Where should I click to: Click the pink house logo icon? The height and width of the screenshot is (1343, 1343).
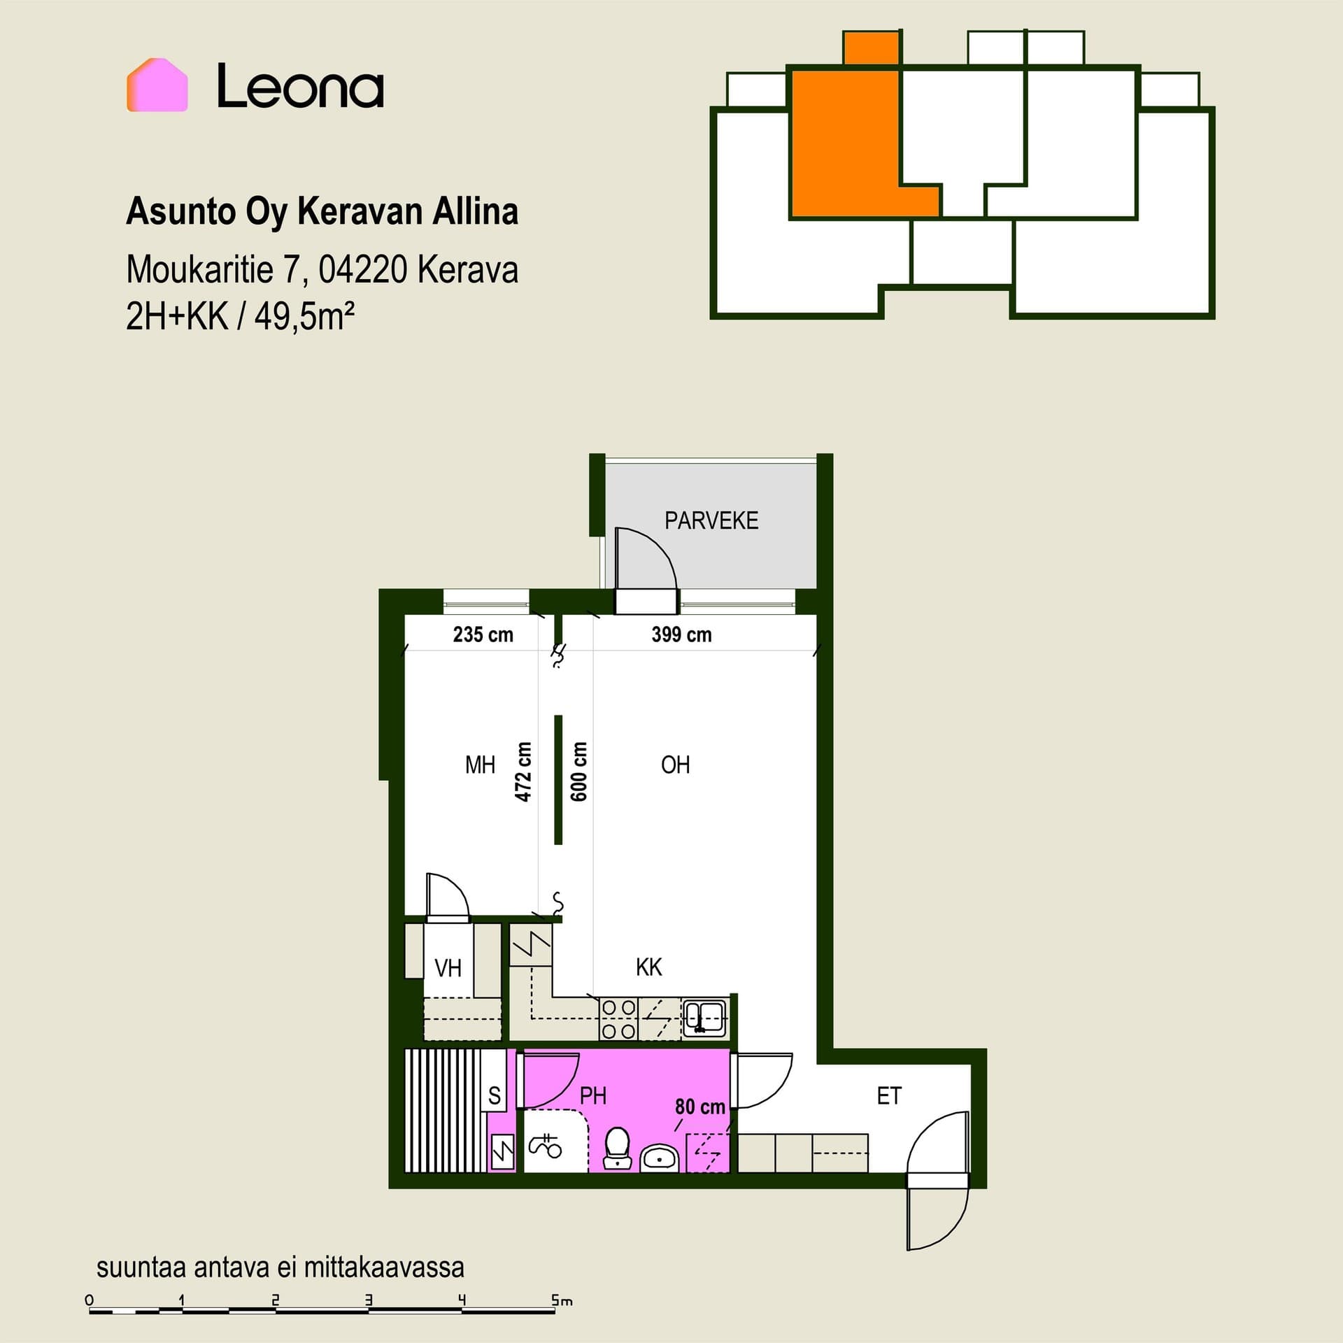157,85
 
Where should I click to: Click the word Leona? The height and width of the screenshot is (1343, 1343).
300,86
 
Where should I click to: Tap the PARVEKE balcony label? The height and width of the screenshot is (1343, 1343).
711,520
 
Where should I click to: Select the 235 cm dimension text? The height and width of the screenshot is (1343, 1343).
483,634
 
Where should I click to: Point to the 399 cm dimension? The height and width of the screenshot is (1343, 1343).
681,634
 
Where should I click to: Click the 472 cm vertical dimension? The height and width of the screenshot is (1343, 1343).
523,772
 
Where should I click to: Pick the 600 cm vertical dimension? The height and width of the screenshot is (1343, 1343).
579,772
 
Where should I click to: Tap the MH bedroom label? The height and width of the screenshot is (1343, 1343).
480,765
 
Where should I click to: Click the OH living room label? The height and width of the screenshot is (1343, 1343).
675,765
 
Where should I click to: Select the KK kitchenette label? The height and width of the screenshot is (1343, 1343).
648,967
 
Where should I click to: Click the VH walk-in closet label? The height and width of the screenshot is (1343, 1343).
448,968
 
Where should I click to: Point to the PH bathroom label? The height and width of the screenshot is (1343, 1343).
593,1096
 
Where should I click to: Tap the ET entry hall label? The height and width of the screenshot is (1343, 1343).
889,1096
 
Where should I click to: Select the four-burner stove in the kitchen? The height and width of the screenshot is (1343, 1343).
619,1019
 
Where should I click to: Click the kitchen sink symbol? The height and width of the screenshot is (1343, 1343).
705,1018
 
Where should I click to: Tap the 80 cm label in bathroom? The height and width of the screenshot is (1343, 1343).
699,1107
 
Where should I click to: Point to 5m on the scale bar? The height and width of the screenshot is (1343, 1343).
562,1300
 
